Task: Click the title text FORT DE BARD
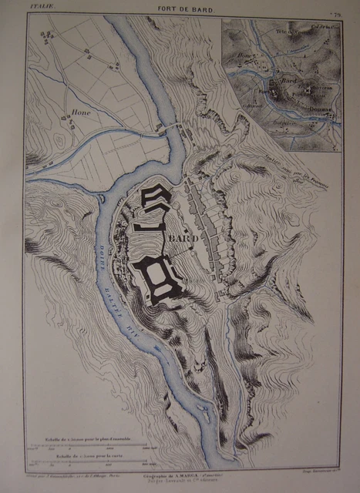[183, 10]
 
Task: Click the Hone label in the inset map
[247, 57]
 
